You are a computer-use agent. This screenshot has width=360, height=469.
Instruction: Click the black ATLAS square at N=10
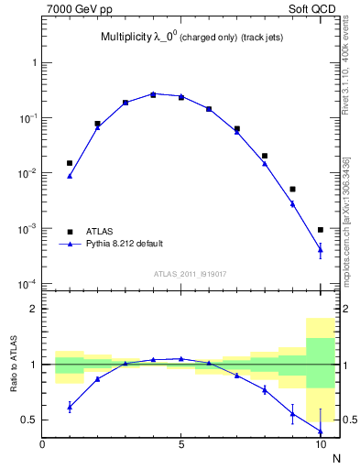coord(321,230)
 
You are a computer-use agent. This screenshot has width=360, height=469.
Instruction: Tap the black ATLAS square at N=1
coord(70,163)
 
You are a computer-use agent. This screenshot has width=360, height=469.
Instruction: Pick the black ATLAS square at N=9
coord(292,189)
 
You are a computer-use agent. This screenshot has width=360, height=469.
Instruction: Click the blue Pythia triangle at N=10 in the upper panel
coord(321,248)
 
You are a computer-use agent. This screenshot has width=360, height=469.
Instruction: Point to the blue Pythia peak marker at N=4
coord(153,93)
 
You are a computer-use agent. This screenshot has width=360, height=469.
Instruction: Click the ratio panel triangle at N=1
coord(70,406)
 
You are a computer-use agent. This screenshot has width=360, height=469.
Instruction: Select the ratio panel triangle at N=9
coord(292,413)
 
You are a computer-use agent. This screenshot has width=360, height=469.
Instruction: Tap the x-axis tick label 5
coord(181,444)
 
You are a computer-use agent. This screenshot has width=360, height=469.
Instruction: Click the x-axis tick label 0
coord(42,444)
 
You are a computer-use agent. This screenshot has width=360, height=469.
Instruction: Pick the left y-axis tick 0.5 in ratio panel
coord(32,420)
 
